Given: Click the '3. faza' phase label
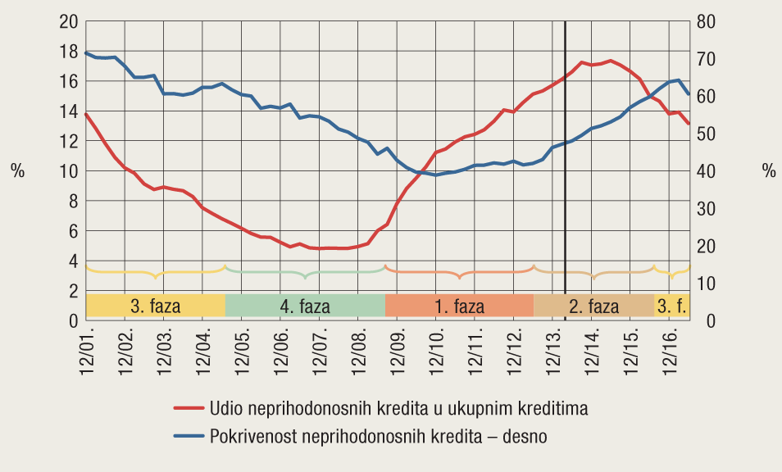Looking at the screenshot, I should click(156, 307).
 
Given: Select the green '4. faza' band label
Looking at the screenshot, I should click(305, 307).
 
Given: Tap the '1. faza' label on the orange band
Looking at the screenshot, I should click(459, 307).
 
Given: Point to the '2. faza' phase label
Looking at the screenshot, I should click(594, 307).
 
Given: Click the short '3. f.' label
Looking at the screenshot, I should click(672, 307).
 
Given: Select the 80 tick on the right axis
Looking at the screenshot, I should click(706, 21).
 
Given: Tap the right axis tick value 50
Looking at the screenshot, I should click(706, 134).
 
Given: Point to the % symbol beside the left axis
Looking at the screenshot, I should click(17, 171).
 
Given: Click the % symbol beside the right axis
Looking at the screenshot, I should click(768, 171).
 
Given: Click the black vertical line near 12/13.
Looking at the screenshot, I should click(565, 164).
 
